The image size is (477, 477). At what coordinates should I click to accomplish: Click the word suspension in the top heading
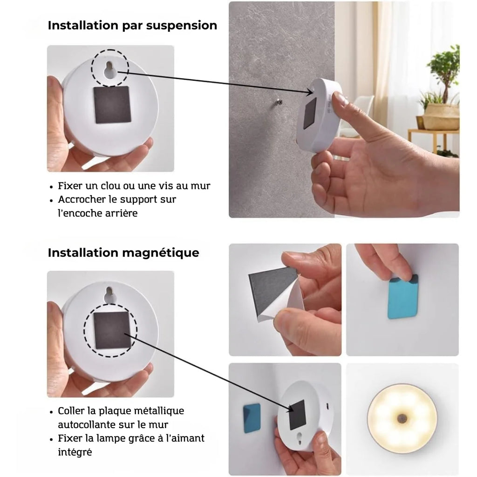coord(182,26)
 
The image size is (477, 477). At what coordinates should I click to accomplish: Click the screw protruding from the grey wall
coord(279,102)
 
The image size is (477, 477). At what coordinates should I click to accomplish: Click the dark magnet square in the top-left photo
coord(112,105)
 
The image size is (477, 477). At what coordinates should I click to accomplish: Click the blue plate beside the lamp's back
coord(252,418)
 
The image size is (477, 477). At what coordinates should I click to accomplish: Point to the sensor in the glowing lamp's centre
coord(402,418)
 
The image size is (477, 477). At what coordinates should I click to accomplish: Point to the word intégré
coord(75,452)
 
